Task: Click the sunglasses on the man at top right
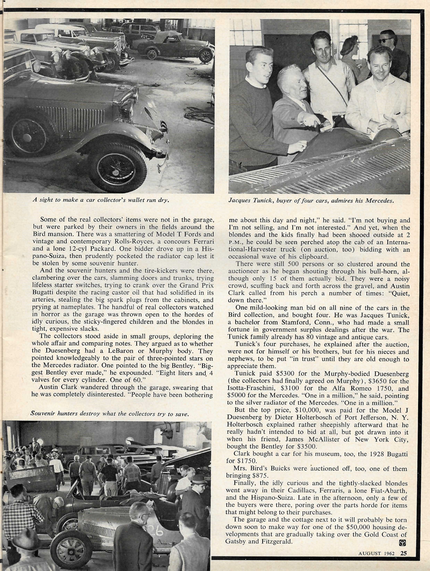386,40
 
